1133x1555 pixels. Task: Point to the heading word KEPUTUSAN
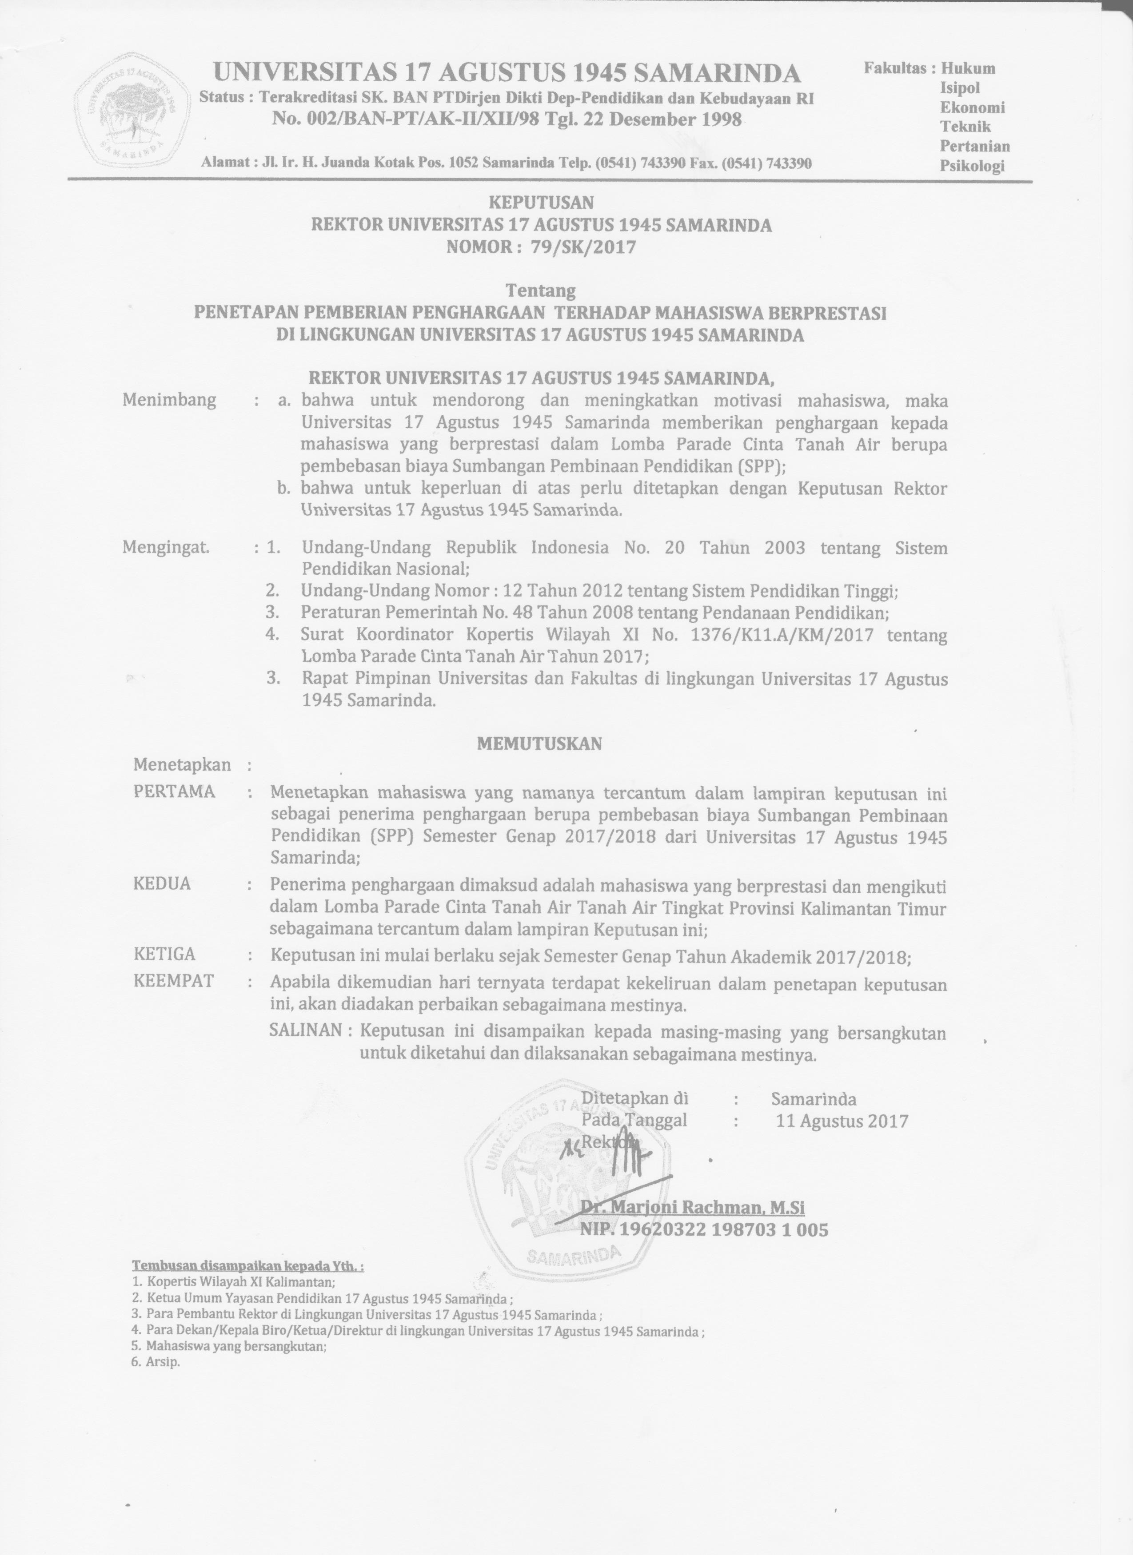[x=541, y=202]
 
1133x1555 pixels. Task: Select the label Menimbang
[x=169, y=400]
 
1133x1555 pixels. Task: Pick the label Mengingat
[x=166, y=548]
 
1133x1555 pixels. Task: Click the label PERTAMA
[x=174, y=792]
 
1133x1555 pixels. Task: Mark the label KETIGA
[x=164, y=954]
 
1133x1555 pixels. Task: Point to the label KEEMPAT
[x=174, y=981]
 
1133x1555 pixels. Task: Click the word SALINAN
[x=305, y=1030]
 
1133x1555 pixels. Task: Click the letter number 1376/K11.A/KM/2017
[x=783, y=634]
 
